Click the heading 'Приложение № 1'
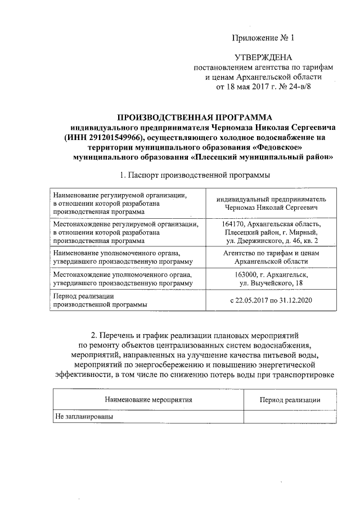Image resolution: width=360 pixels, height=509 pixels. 263,38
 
